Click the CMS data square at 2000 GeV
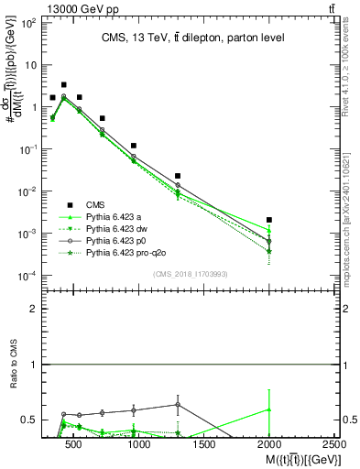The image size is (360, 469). pyautogui.click(x=269, y=220)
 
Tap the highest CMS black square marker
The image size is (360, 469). pyautogui.click(x=63, y=84)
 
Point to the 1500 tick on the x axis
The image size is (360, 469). pyautogui.click(x=204, y=443)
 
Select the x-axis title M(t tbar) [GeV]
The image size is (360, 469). pyautogui.click(x=300, y=458)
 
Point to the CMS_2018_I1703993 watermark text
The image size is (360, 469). pyautogui.click(x=190, y=273)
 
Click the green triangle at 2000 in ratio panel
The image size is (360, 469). pyautogui.click(x=269, y=409)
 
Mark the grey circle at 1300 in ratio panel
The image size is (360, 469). pyautogui.click(x=178, y=404)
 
